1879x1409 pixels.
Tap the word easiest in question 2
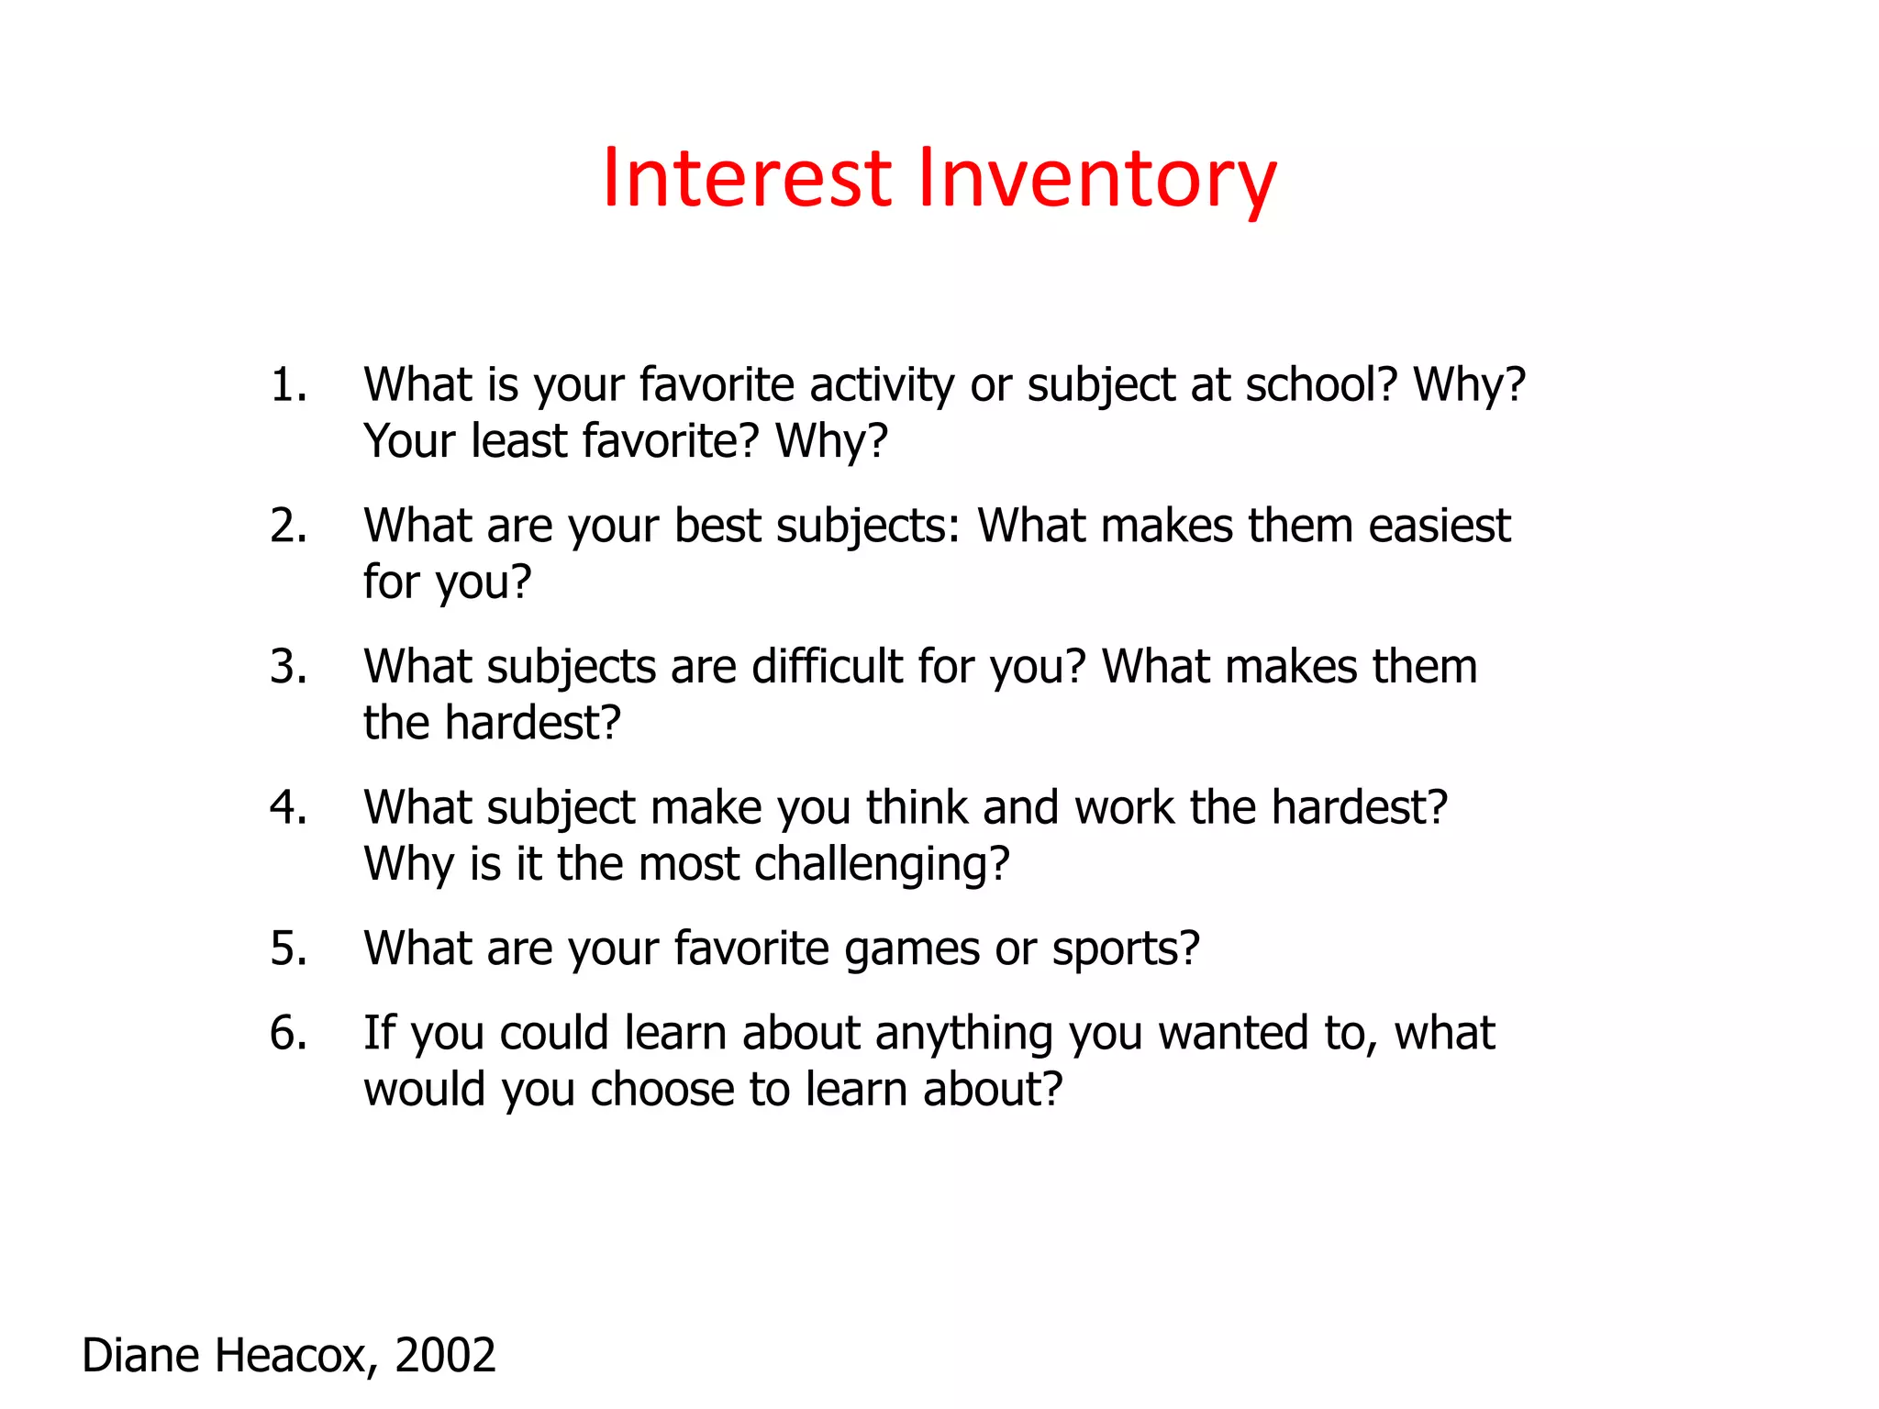(x=1440, y=526)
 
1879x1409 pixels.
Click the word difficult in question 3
(x=827, y=666)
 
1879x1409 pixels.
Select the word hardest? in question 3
(x=533, y=723)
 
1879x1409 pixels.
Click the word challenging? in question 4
(x=882, y=864)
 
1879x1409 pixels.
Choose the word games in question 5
(x=912, y=949)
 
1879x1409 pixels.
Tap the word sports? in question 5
(x=1126, y=949)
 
